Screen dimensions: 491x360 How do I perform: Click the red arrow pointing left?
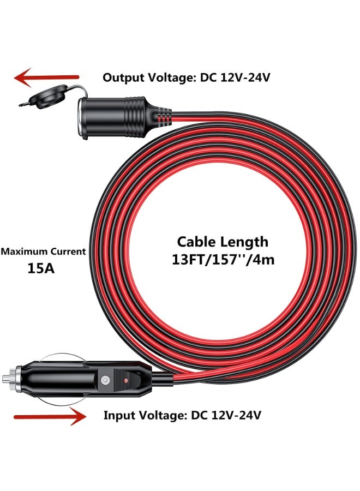click(x=46, y=78)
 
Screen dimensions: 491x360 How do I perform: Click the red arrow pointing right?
click(x=50, y=417)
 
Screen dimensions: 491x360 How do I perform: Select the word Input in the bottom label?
click(x=118, y=416)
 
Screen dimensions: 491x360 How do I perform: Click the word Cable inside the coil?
click(x=199, y=241)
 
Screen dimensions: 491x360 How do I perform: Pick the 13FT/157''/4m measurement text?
click(x=223, y=259)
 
